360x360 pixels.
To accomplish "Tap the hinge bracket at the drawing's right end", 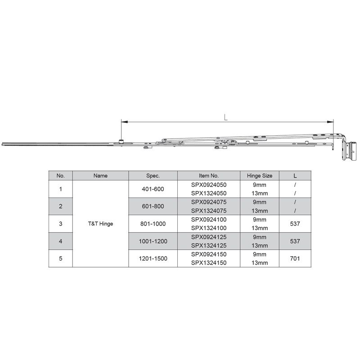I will click(x=350, y=150).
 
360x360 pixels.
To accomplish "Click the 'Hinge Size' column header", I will click(x=260, y=176).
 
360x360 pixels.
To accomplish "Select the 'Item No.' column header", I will click(x=208, y=176).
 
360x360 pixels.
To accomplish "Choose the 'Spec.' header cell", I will click(x=153, y=176).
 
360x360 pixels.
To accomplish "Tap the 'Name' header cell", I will click(x=101, y=176).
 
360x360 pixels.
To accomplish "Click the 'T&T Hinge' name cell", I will click(x=101, y=224).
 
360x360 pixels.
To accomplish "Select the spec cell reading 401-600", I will click(x=153, y=189).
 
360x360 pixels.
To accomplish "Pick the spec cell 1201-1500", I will click(x=153, y=258).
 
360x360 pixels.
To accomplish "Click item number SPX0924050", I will click(x=208, y=185).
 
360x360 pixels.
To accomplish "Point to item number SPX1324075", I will click(x=208, y=211).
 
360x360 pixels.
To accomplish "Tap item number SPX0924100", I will click(x=208, y=220).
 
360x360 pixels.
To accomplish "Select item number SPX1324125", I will click(x=208, y=245).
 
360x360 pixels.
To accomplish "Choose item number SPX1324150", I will click(x=208, y=263).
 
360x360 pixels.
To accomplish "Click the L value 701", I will click(x=295, y=258).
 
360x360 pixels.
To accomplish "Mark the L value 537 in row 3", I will click(x=295, y=224).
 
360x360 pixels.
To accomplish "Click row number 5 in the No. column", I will click(x=61, y=258).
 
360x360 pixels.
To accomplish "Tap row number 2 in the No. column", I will click(x=61, y=207).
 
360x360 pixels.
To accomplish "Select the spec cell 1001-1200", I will click(x=153, y=241).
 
